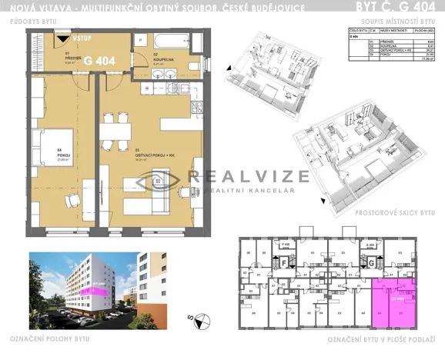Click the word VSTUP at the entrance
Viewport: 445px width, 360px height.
point(82,38)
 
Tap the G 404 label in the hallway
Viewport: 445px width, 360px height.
point(100,59)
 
